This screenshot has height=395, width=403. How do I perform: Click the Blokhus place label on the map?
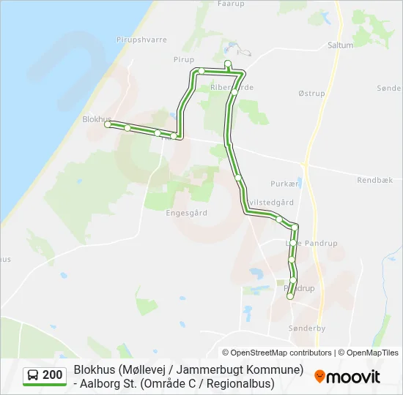(97, 118)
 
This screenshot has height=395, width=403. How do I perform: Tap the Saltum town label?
(341, 45)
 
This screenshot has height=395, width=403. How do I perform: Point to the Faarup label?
(231, 4)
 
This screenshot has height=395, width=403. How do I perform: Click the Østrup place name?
(311, 94)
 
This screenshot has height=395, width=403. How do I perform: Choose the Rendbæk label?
(375, 179)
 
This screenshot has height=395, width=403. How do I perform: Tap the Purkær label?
(284, 184)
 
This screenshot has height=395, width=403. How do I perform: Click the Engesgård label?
(186, 213)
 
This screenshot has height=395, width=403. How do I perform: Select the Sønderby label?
(307, 328)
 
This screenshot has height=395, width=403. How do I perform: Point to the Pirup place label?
(184, 59)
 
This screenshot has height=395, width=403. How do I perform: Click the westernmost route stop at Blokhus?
(108, 125)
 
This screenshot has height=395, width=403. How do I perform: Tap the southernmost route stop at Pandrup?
(290, 296)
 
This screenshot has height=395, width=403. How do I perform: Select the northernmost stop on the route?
(228, 63)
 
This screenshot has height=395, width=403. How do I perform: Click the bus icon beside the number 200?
(34, 375)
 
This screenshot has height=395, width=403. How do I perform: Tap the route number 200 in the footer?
(52, 375)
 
